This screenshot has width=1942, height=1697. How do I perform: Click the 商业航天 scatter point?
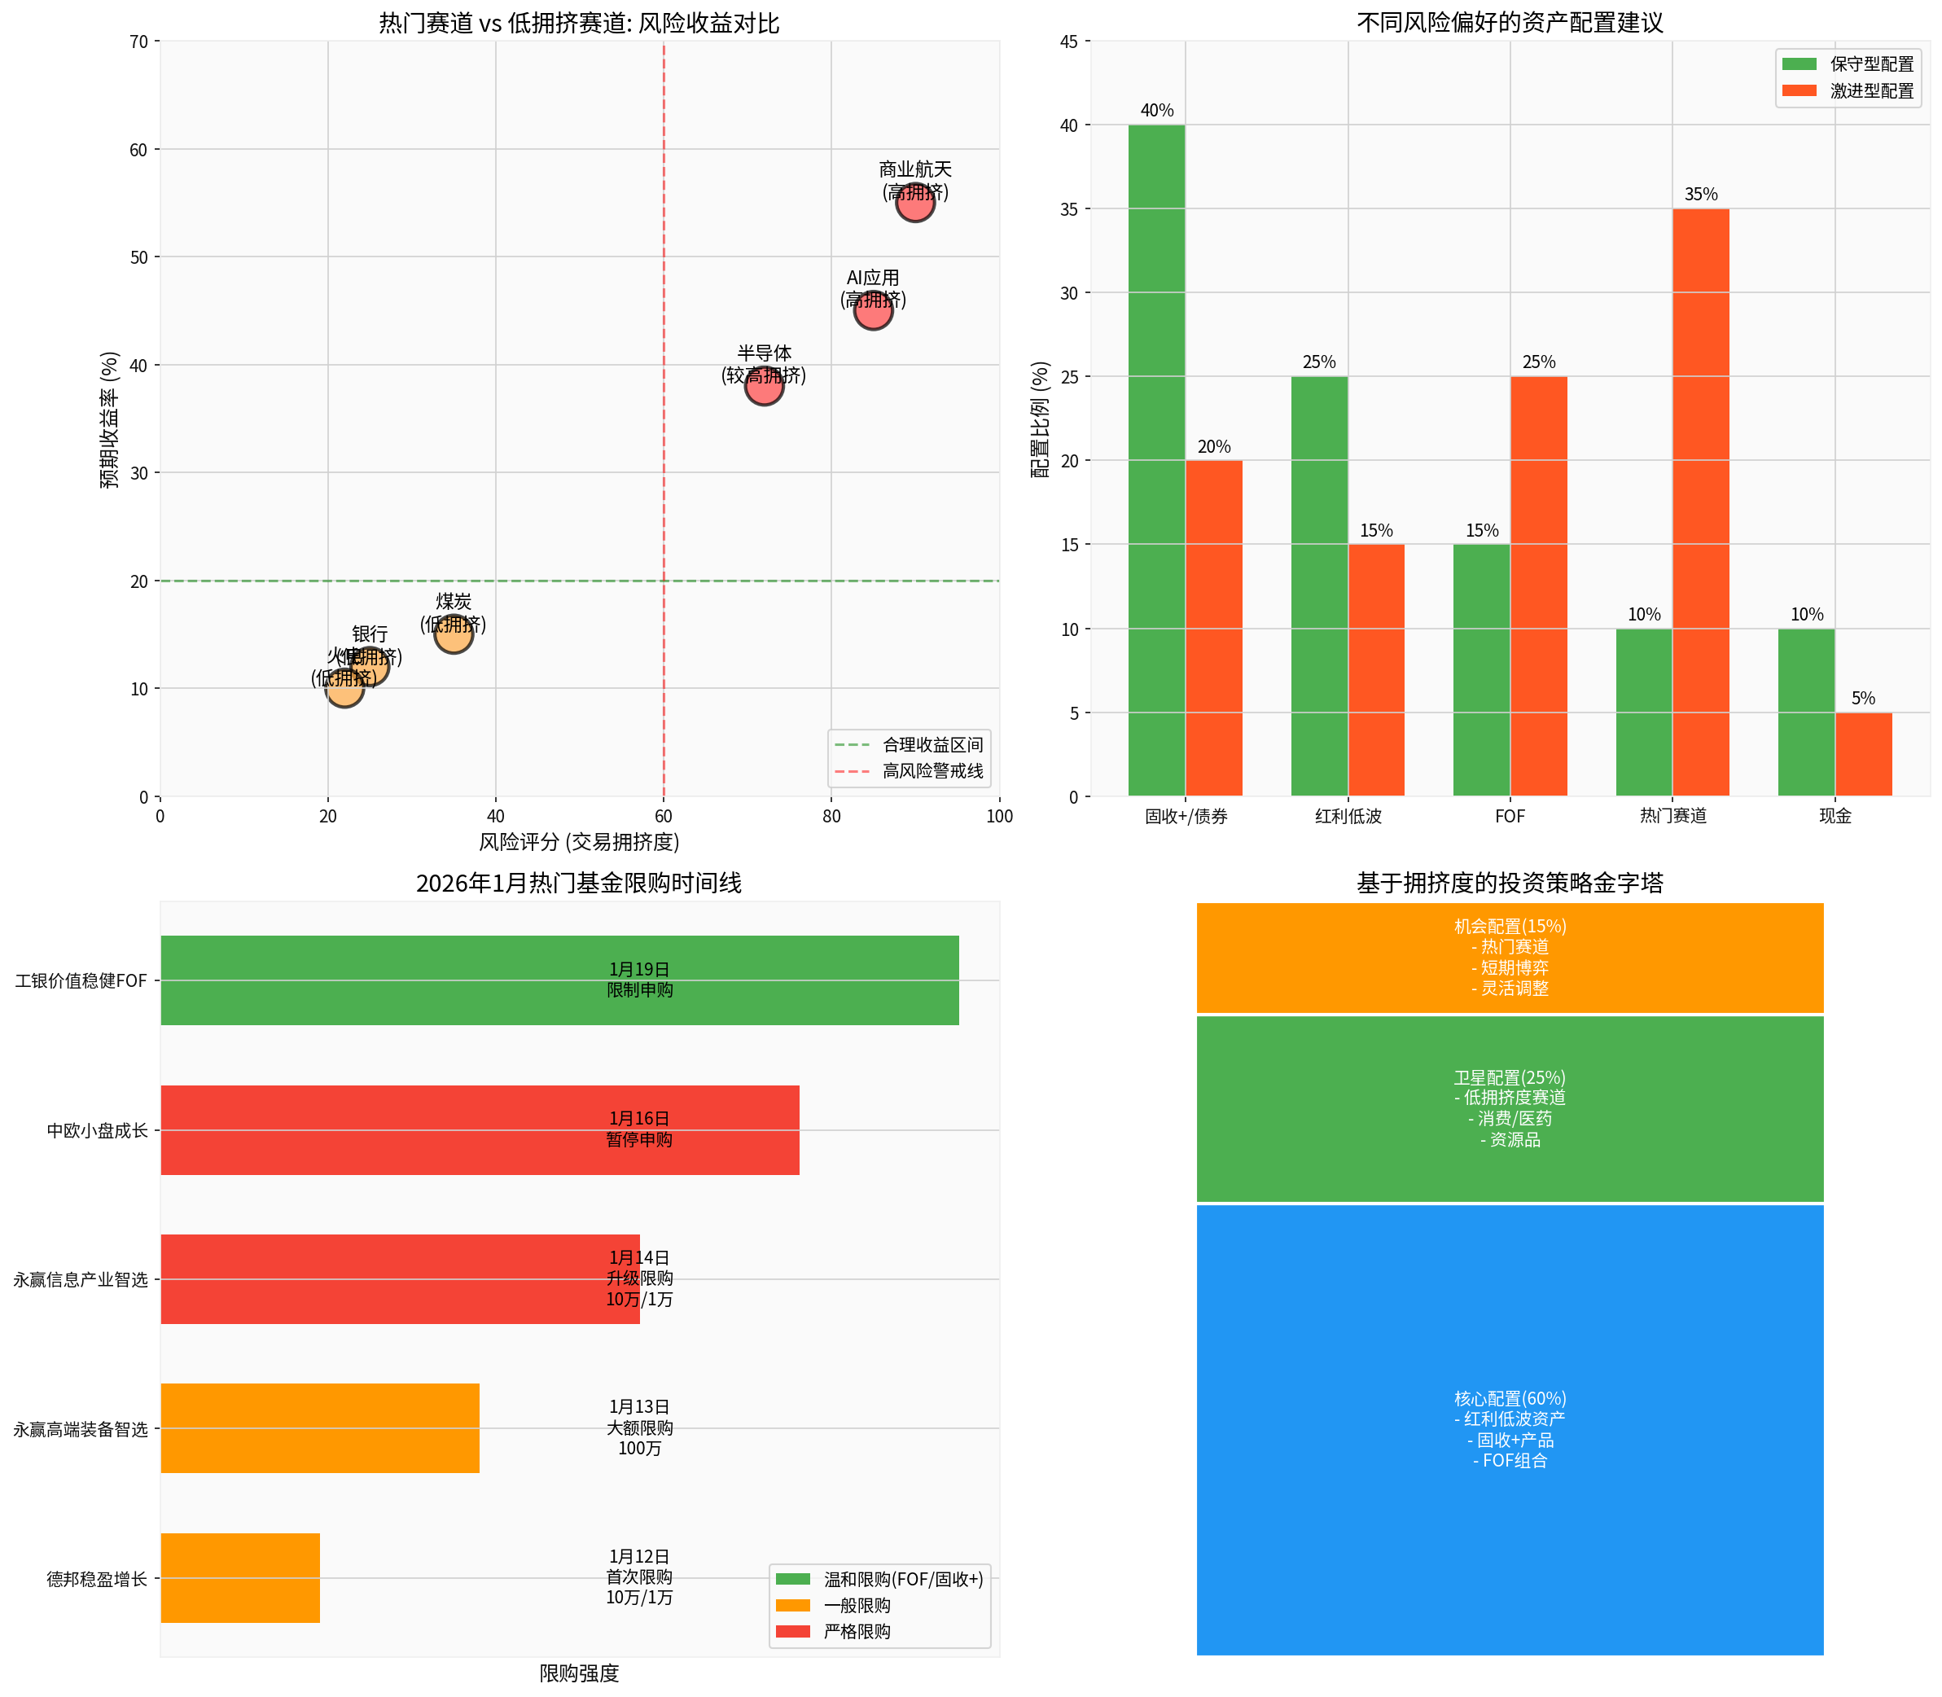pos(914,202)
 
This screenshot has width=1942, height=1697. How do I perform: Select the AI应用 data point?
pos(873,309)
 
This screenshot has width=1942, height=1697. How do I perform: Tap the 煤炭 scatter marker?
pos(454,634)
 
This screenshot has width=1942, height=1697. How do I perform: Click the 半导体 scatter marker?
pos(763,385)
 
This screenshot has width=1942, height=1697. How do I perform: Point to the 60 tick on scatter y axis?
pos(139,150)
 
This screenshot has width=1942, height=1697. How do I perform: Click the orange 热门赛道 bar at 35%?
pos(1700,502)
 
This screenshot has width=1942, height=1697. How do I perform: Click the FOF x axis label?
pos(1510,816)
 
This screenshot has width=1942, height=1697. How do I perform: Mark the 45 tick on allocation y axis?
pos(1069,42)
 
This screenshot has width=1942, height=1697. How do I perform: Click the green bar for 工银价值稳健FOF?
pos(559,980)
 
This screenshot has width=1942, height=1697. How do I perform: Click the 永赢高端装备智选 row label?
pos(81,1429)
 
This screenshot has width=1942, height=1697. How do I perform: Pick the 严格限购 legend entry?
pos(856,1632)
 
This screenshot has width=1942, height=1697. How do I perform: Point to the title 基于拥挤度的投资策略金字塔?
pos(1510,883)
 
